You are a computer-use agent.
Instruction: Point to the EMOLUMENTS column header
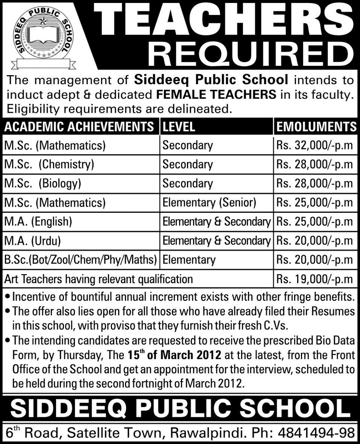pyautogui.click(x=316, y=127)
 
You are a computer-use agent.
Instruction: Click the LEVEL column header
pyautogui.click(x=179, y=127)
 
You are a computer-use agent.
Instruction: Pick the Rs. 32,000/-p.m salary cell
pyautogui.click(x=314, y=145)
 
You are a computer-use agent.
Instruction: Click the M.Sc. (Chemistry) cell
pyautogui.click(x=49, y=164)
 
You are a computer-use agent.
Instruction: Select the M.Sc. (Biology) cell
pyautogui.click(x=43, y=183)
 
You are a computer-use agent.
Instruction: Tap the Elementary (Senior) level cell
pyautogui.click(x=209, y=203)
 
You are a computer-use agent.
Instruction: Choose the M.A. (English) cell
pyautogui.click(x=38, y=222)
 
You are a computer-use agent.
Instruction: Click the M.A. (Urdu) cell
pyautogui.click(x=32, y=241)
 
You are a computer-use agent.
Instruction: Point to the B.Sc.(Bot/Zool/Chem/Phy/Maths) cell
pyautogui.click(x=81, y=260)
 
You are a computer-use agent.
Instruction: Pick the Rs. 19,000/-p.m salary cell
pyautogui.click(x=314, y=279)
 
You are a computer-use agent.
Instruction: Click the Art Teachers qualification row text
pyautogui.click(x=99, y=279)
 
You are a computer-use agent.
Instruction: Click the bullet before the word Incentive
pyautogui.click(x=8, y=297)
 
